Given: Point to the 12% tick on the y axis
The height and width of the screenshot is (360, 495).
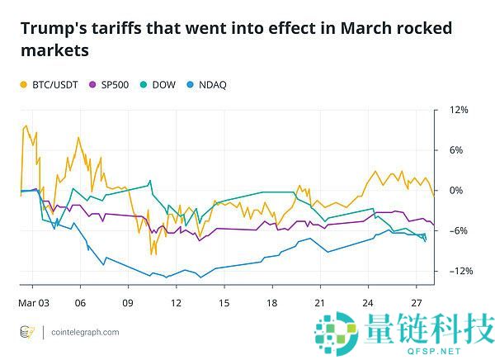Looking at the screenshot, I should coord(458,110).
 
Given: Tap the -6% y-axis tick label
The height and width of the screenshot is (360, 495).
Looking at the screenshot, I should coord(458,230).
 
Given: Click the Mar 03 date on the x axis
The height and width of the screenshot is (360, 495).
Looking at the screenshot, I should coord(33,302).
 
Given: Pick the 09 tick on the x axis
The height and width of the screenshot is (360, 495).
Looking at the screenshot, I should coord(127,302).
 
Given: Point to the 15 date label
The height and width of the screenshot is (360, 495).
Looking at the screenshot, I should coord(224,302).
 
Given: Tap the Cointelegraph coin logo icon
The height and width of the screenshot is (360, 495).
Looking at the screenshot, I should coord(27,332).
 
